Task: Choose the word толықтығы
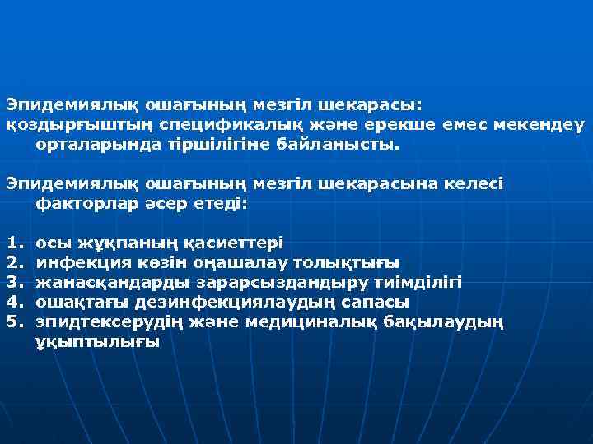[x=348, y=262]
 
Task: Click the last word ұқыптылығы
[x=97, y=341]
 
